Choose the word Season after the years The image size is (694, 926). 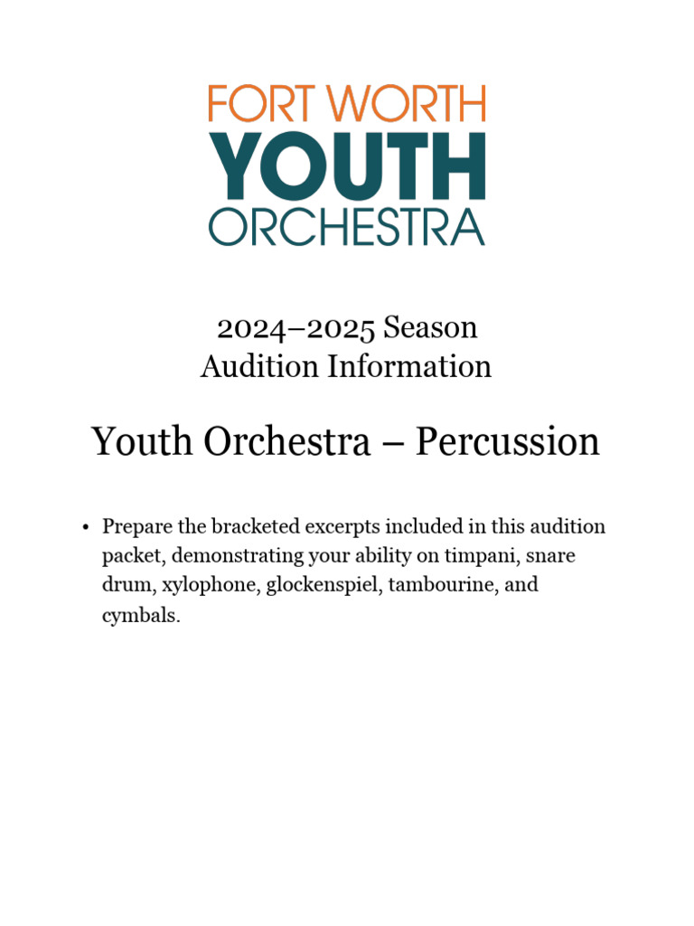pyautogui.click(x=430, y=327)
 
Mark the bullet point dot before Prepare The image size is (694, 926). pyautogui.click(x=84, y=527)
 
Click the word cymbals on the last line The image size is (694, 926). pyautogui.click(x=142, y=615)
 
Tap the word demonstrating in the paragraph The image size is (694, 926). pyautogui.click(x=224, y=555)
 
